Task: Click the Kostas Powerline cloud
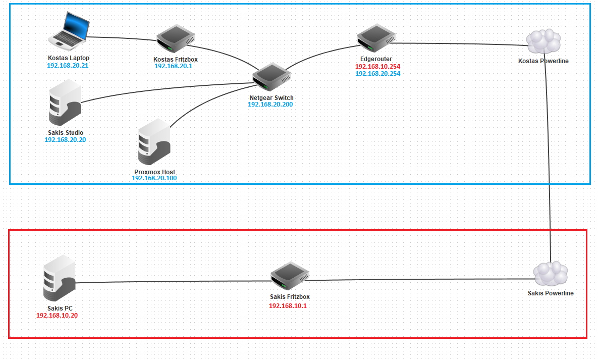tap(543, 42)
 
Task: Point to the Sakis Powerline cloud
tap(551, 274)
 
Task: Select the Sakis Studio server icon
tap(64, 106)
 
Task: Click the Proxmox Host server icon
tap(154, 143)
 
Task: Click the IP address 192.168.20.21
tap(68, 66)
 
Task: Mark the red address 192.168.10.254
tap(378, 67)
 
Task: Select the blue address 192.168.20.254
tap(378, 74)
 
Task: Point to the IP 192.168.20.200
tap(270, 105)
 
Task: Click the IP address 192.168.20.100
tap(154, 179)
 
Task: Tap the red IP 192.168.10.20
tap(57, 316)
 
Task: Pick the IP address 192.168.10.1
tap(288, 306)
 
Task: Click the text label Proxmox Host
tap(154, 172)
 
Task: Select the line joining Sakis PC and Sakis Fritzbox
tap(172, 282)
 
